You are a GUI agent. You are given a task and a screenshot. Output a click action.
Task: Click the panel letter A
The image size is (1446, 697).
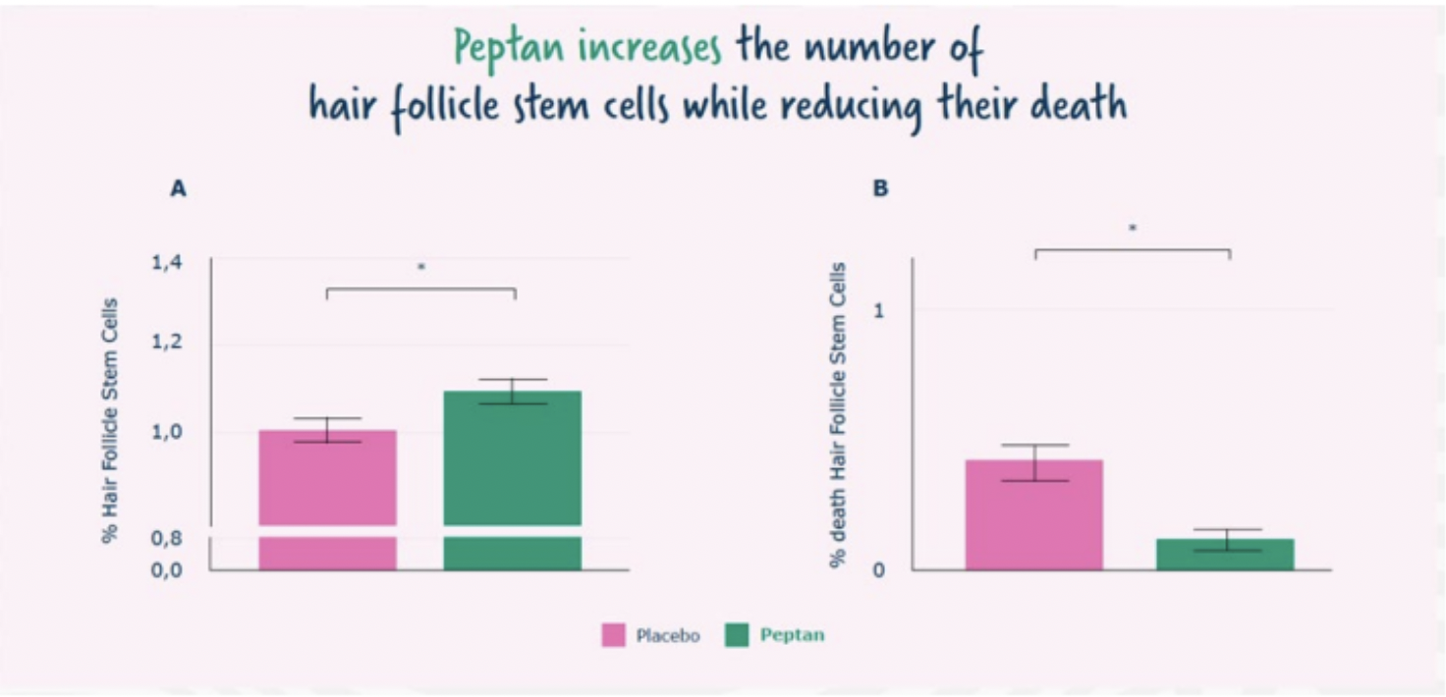click(178, 189)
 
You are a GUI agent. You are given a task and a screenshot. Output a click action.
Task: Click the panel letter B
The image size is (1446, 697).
click(880, 188)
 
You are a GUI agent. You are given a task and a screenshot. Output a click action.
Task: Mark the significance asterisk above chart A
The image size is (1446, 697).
click(421, 267)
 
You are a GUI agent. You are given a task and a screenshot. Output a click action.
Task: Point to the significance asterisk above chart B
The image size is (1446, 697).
click(1133, 229)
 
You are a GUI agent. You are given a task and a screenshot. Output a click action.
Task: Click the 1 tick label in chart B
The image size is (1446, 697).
click(879, 310)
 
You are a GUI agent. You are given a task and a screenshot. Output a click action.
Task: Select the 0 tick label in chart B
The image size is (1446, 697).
click(879, 569)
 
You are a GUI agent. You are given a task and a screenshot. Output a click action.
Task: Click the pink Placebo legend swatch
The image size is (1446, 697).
click(613, 635)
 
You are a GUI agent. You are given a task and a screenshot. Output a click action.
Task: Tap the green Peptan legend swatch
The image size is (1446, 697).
click(737, 635)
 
